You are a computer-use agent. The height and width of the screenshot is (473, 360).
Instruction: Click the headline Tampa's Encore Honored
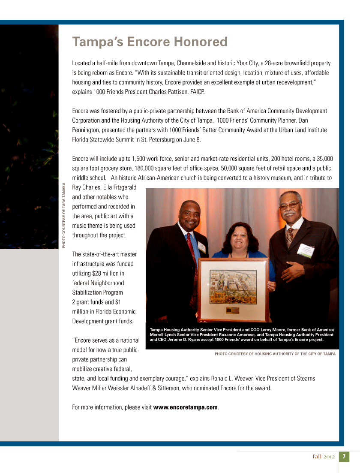click(x=150, y=42)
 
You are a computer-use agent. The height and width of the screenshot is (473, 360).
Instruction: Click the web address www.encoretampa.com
click(x=186, y=407)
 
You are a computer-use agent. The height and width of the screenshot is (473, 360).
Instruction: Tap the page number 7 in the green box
click(x=344, y=456)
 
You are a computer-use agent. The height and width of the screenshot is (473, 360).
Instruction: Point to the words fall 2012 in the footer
click(x=324, y=457)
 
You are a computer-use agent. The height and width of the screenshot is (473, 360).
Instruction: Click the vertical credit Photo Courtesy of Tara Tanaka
click(x=64, y=215)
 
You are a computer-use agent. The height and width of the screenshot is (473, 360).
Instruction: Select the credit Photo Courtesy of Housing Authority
click(x=275, y=354)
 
